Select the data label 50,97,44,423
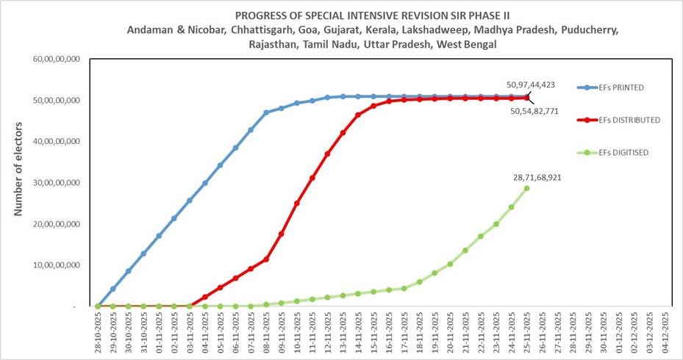tap(530, 84)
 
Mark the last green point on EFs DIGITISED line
tap(526, 188)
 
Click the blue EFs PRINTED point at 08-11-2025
tap(266, 112)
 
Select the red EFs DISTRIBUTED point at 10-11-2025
tap(296, 203)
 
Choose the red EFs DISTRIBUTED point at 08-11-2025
tap(266, 259)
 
